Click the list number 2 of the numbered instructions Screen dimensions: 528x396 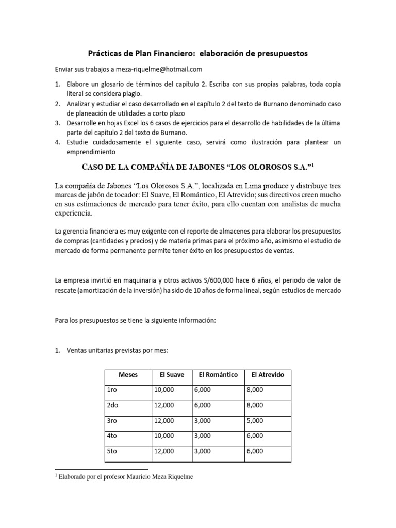click(58, 103)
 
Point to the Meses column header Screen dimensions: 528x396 click(128, 375)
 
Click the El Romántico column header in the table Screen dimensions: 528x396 click(218, 375)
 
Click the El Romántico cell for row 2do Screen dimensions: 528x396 click(203, 405)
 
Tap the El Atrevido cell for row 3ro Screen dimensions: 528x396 click(255, 421)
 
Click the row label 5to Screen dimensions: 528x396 click(113, 451)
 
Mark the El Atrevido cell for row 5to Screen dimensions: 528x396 click(255, 451)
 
